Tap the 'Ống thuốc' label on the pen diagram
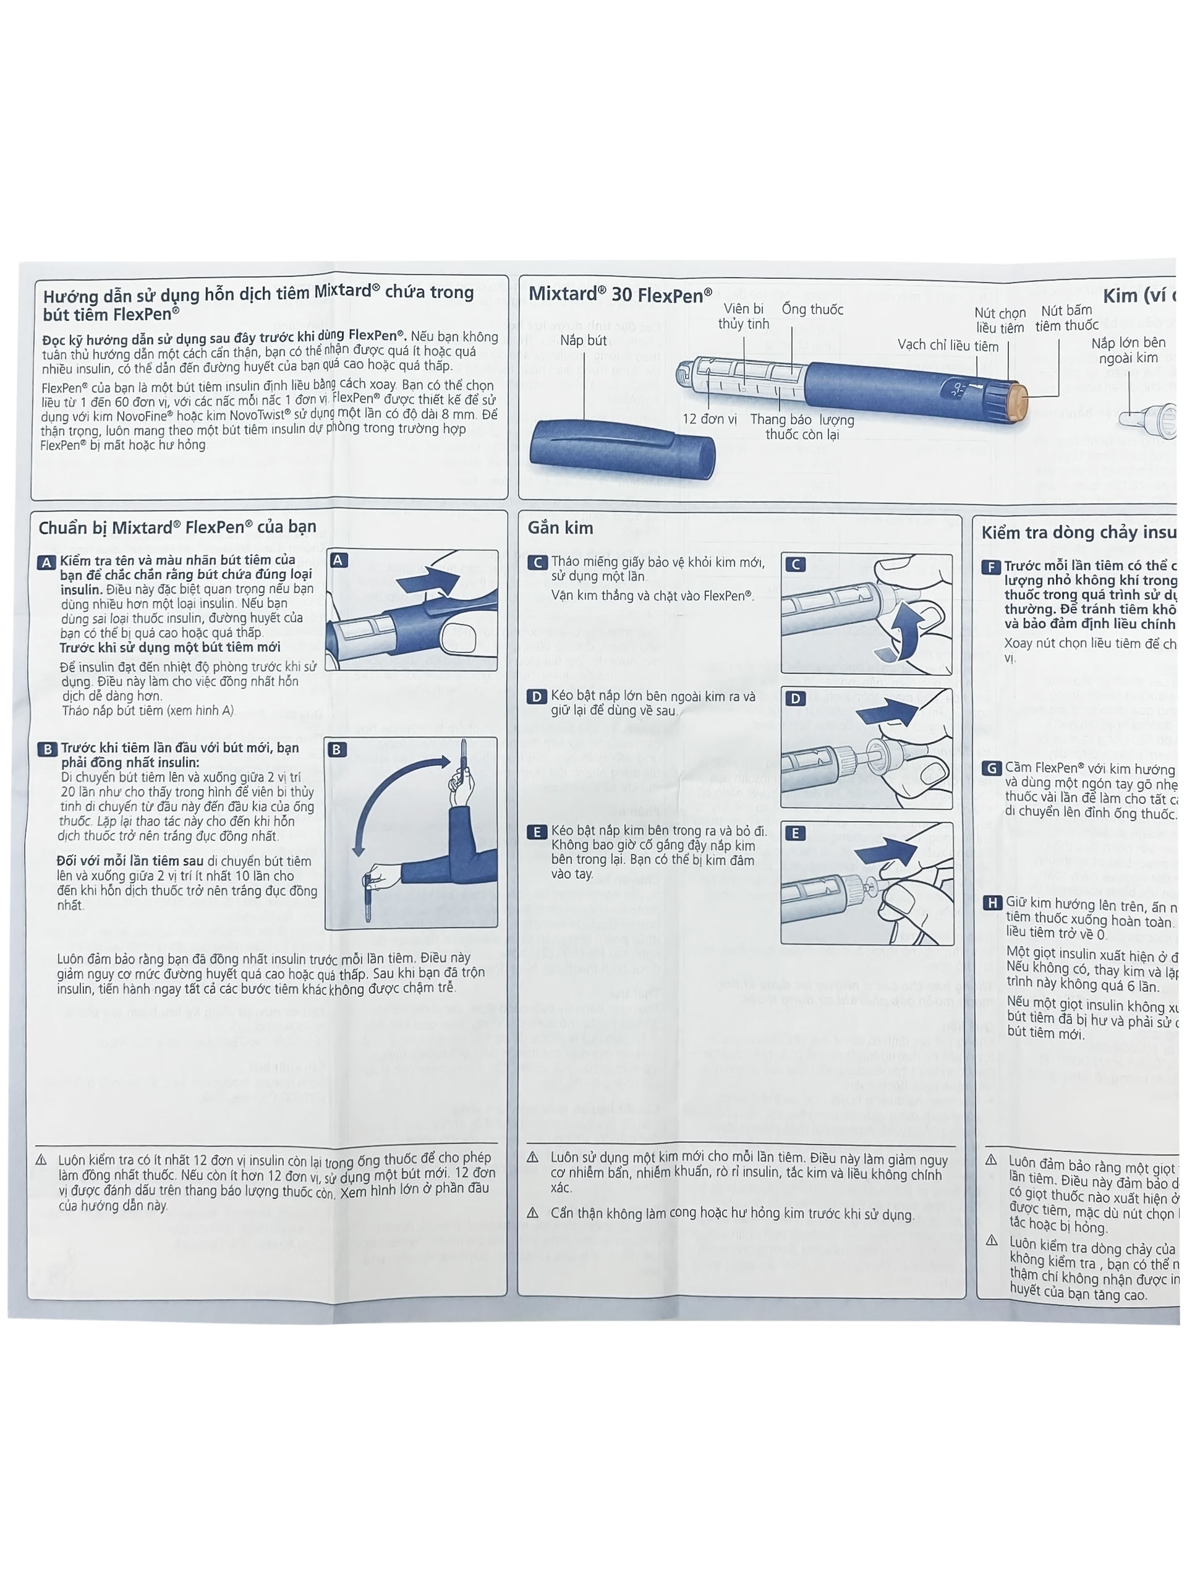tap(812, 310)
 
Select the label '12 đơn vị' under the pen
tap(709, 419)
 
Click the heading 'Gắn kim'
tap(559, 528)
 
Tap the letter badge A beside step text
tap(46, 563)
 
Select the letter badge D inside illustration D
tap(795, 699)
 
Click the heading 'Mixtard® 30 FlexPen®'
tap(619, 295)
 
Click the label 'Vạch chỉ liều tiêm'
tap(947, 346)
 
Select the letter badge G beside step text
tap(991, 769)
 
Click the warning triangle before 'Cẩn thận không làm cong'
tap(532, 1213)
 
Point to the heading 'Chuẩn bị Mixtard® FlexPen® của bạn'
tap(177, 527)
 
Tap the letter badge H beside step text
tap(992, 903)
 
